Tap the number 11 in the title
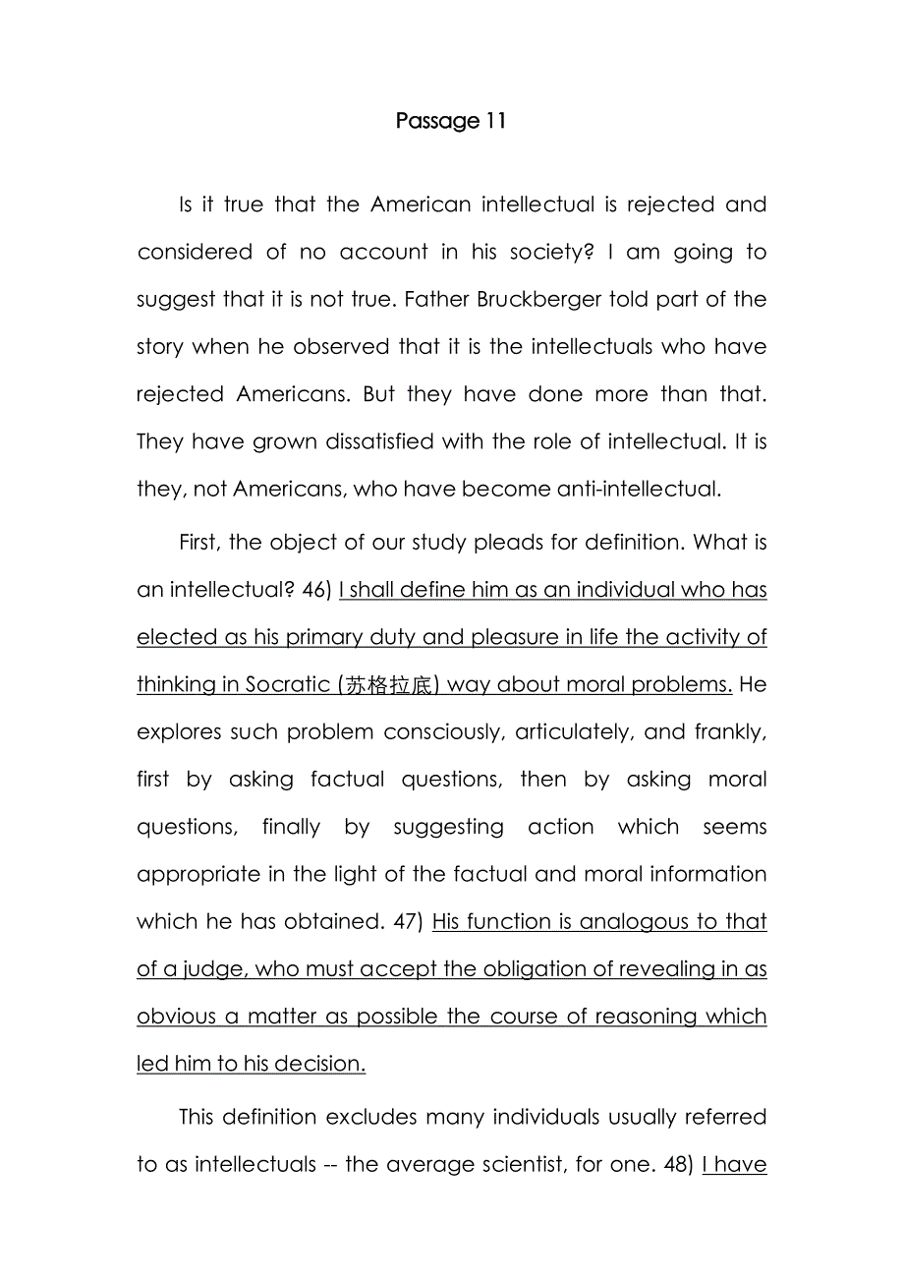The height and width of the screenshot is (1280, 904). pyautogui.click(x=495, y=121)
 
